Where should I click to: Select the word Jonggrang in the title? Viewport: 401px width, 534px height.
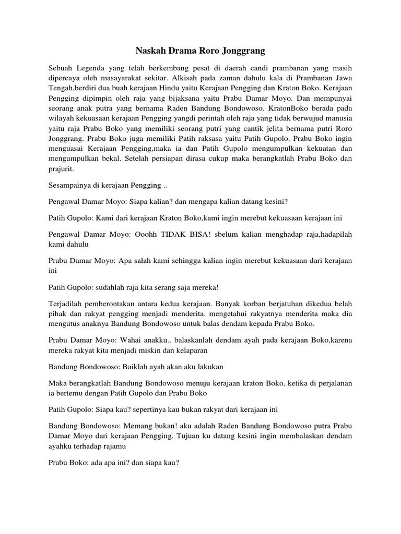(x=244, y=51)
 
